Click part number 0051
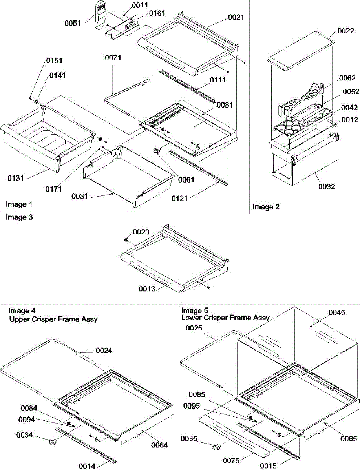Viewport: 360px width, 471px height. tap(73, 23)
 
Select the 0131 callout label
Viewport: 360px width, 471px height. tap(16, 178)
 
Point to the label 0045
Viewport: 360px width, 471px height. tap(337, 313)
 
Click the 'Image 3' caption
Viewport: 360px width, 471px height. tap(19, 217)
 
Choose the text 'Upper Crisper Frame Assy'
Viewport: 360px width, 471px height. tap(53, 319)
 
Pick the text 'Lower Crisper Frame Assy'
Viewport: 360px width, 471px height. tap(225, 318)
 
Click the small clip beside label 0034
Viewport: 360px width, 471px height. tap(51, 442)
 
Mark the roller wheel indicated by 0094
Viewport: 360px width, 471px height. tap(68, 424)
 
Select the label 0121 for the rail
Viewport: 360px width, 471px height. tap(179, 198)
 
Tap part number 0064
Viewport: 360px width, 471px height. tap(159, 445)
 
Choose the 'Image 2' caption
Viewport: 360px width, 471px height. tap(266, 207)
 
